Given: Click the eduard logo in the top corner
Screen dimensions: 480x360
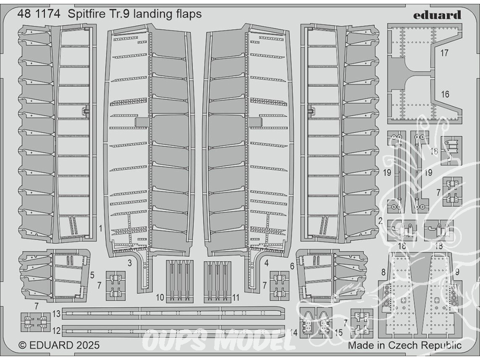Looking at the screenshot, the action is [x=437, y=15].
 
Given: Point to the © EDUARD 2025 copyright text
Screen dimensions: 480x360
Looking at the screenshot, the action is [x=59, y=345].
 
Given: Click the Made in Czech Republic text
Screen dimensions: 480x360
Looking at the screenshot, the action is [x=405, y=346].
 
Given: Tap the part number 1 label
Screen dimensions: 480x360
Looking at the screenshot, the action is [x=100, y=228].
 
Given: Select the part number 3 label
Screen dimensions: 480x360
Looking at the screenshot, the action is [x=130, y=263].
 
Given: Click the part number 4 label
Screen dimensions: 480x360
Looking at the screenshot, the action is [x=266, y=263].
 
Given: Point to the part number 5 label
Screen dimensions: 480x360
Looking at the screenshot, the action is [x=92, y=275].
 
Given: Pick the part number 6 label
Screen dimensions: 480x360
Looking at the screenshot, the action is [x=292, y=266].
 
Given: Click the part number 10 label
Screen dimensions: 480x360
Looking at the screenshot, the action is [x=160, y=298].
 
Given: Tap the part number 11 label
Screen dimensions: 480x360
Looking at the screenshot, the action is [x=235, y=298].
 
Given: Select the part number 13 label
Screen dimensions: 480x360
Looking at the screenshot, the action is [x=56, y=314].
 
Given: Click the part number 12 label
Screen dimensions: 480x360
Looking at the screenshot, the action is [x=56, y=331].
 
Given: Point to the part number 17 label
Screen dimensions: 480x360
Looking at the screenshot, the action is [x=444, y=53].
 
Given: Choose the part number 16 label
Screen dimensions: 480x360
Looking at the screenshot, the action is [x=445, y=94].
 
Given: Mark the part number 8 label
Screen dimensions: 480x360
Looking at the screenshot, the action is [x=383, y=272].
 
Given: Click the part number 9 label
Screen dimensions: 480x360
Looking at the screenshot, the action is [x=457, y=272].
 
